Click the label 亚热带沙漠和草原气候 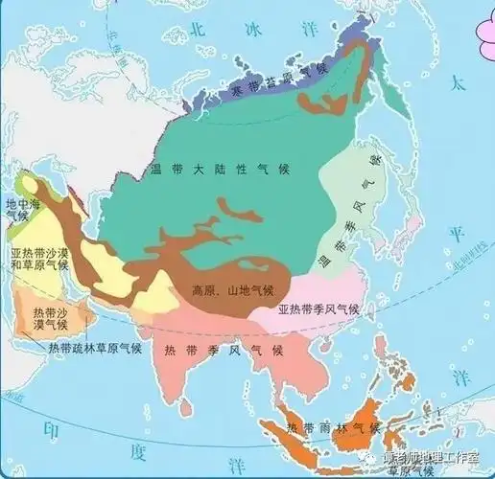39,262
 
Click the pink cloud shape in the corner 475,17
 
